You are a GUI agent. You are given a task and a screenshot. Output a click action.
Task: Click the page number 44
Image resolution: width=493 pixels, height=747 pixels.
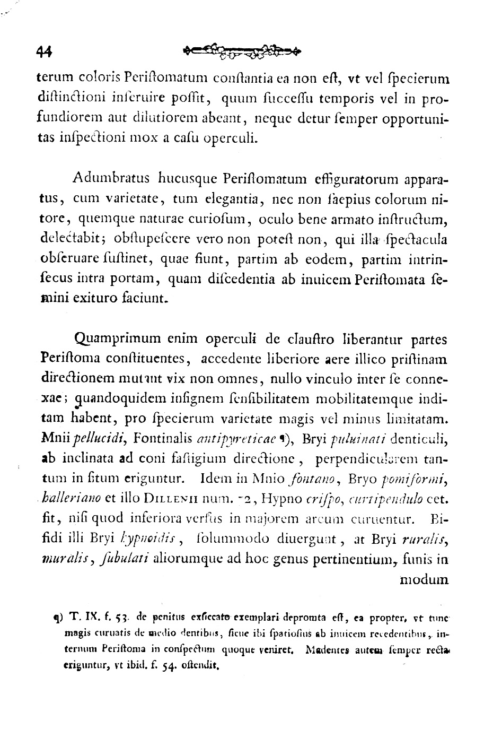[x=45, y=51]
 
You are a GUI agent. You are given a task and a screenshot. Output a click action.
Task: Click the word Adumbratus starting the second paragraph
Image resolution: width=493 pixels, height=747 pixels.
[x=109, y=178]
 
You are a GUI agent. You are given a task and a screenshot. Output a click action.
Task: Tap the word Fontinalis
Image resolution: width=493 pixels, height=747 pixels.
[x=160, y=438]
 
